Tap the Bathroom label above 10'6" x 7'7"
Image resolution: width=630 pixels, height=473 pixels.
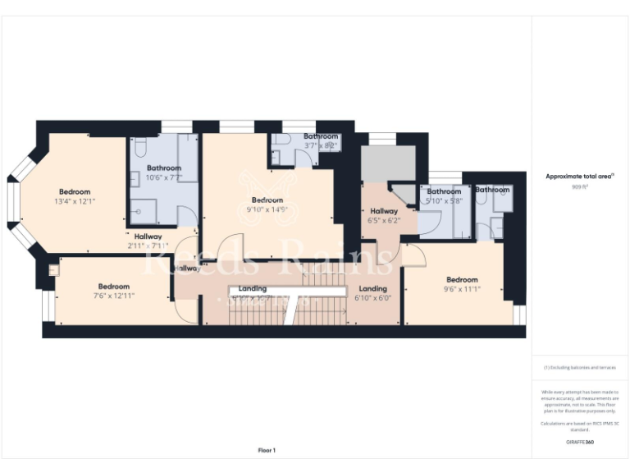click(x=163, y=168)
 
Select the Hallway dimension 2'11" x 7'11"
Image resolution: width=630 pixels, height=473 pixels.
click(x=148, y=246)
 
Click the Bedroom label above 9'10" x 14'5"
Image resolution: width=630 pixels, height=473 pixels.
click(x=267, y=200)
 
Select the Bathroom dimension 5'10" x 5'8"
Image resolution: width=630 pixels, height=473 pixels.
click(x=444, y=201)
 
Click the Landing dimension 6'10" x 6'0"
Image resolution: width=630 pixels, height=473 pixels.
click(x=372, y=298)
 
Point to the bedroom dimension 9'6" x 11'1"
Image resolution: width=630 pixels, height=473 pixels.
click(x=462, y=289)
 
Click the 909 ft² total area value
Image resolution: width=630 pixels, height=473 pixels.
click(x=580, y=186)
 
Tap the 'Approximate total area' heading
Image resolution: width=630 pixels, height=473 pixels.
click(x=579, y=176)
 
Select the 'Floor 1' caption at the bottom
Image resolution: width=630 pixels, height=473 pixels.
click(x=267, y=450)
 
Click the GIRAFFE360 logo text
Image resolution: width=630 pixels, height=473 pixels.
click(x=580, y=443)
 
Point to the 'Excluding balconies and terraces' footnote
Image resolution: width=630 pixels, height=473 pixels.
click(x=580, y=367)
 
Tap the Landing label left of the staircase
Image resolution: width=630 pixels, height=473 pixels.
click(x=252, y=289)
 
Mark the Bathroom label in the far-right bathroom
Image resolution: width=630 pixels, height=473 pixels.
click(x=492, y=190)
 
